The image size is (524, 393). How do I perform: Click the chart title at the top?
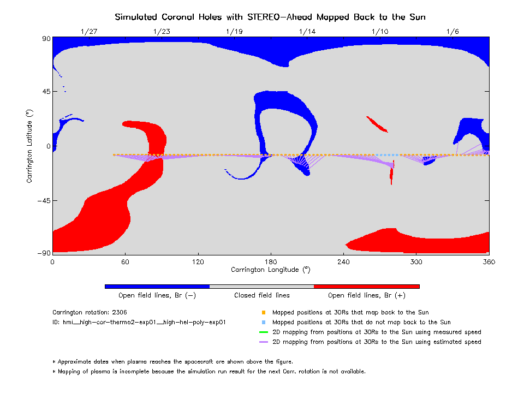pos(270,17)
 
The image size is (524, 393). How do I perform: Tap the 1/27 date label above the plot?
pos(88,32)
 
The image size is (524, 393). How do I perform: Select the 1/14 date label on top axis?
pos(307,32)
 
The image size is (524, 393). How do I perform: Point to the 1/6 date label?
pos(452,32)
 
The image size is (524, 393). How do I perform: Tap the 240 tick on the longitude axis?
pos(343,262)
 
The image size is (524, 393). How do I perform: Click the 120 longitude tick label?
pos(198,262)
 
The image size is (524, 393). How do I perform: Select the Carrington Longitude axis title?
pos(270,270)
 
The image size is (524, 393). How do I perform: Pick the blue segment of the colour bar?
pos(157,286)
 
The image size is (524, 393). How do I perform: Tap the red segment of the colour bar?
pos(366,286)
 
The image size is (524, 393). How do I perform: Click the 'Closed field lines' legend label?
pos(262,295)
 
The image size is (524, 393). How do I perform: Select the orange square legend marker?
pos(263,313)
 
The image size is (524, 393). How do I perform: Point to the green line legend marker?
pos(263,332)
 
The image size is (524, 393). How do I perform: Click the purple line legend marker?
pos(263,342)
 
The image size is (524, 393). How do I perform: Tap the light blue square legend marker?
pos(263,323)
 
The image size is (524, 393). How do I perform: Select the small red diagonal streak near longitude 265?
pos(377,124)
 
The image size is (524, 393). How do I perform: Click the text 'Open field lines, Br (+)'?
pos(367,295)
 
